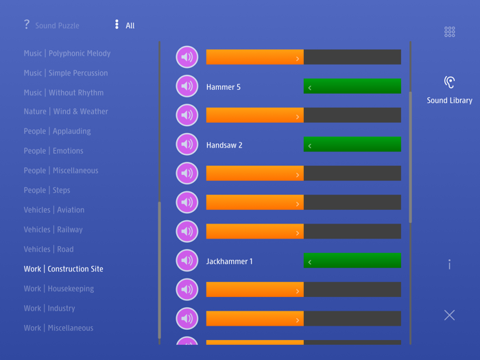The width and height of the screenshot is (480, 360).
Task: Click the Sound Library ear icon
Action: [449, 83]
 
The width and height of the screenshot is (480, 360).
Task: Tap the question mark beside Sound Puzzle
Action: [27, 25]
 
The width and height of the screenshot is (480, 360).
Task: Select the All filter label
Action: [130, 26]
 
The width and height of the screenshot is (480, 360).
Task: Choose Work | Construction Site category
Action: [63, 269]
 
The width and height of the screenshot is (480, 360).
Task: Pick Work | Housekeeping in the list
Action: [58, 289]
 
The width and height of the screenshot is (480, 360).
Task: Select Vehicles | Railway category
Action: [53, 230]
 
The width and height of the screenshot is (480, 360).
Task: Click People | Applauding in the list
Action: [57, 131]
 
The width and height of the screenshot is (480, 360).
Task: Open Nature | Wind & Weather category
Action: [66, 111]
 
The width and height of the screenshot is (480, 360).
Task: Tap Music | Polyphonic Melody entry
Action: [67, 53]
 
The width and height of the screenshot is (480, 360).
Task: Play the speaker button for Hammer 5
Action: [187, 86]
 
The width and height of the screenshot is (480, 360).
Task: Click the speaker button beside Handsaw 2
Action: [187, 145]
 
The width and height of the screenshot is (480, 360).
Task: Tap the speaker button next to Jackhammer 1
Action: [187, 261]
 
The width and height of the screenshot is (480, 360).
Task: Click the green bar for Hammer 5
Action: [352, 86]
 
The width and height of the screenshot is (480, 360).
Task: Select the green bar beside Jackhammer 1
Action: [352, 261]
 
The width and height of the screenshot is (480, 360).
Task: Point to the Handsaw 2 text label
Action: [224, 145]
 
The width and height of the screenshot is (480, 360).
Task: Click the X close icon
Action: [449, 315]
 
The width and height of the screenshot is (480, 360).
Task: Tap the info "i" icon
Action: [449, 264]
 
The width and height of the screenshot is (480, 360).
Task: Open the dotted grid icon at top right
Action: [449, 32]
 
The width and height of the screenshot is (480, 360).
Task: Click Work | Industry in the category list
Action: [49, 309]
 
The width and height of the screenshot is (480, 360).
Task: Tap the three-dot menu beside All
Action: [117, 25]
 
